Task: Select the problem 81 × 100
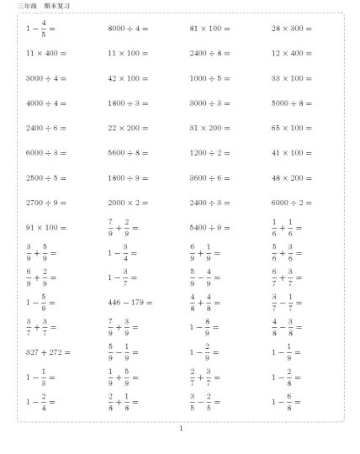pyautogui.click(x=209, y=29)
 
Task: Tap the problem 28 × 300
pyautogui.click(x=291, y=29)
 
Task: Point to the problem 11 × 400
pyautogui.click(x=46, y=53)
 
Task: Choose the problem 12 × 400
pyautogui.click(x=291, y=53)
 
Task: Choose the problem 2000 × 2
pyautogui.click(x=128, y=203)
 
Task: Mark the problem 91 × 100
pyautogui.click(x=46, y=227)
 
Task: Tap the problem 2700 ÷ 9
pyautogui.click(x=46, y=203)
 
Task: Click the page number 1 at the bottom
pyautogui.click(x=180, y=428)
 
